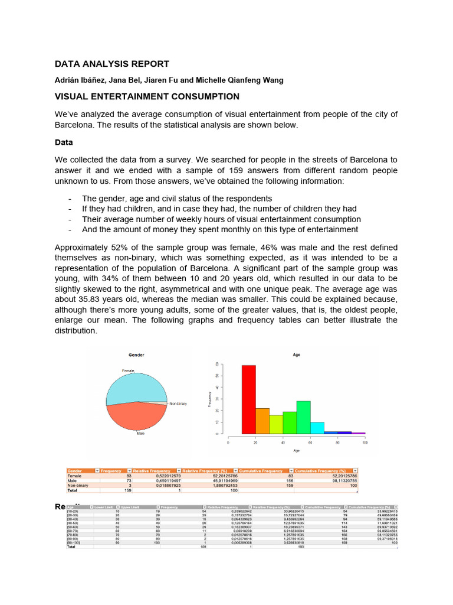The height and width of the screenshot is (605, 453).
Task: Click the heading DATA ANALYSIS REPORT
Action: coord(112,64)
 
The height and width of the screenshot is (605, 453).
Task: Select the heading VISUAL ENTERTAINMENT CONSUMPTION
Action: coord(147,96)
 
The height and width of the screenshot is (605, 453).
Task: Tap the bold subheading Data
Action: coord(64,142)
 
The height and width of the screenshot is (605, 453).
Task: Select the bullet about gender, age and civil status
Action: coord(177,199)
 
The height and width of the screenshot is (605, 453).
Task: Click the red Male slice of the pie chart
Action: coord(136,417)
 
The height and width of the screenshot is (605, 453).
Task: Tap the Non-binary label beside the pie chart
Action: coord(178,404)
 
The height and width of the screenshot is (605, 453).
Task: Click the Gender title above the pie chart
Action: coord(136,355)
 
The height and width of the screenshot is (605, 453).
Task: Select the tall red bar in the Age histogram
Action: coord(248,399)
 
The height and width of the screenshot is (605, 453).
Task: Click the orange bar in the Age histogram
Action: coord(262,421)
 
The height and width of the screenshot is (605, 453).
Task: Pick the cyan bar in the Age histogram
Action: coord(317,428)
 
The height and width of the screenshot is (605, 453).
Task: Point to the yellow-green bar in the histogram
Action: coord(276,424)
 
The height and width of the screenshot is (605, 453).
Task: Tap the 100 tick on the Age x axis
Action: coord(365,442)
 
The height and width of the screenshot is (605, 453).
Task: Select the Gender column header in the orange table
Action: coord(75,471)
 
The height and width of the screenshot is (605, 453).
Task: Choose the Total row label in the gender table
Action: coord(72,490)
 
